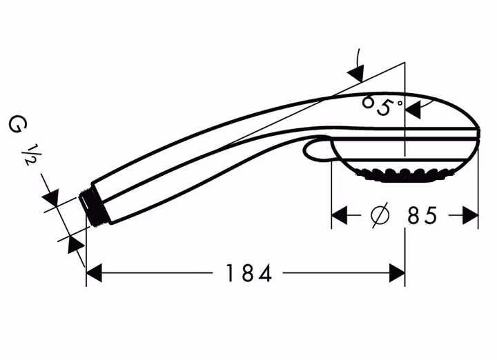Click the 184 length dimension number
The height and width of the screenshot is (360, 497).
[248, 273]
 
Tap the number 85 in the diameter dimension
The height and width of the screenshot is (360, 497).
[422, 216]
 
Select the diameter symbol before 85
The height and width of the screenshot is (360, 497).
[380, 215]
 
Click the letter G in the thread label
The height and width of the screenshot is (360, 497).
[17, 124]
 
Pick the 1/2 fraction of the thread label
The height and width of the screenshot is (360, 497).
[30, 155]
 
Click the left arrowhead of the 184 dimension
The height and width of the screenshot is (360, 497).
[94, 272]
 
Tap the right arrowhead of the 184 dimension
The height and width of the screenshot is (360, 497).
[397, 272]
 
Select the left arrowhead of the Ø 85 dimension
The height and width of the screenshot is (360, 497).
[339, 215]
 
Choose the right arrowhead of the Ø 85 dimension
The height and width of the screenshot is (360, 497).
[470, 215]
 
